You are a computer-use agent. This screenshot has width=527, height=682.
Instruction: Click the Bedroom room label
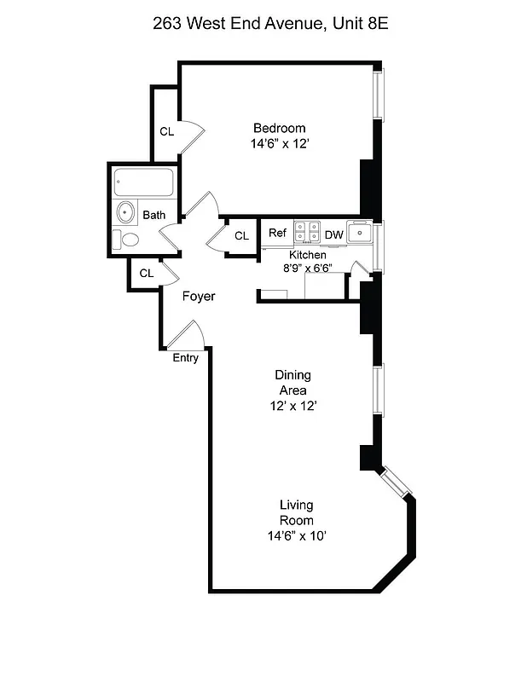(279, 128)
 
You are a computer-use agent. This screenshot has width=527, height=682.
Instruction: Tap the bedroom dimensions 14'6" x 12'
(279, 144)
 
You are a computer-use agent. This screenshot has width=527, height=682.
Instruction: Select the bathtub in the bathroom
(144, 182)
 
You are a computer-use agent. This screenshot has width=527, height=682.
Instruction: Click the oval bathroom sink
(126, 211)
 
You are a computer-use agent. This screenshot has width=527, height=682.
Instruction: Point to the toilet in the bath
(130, 240)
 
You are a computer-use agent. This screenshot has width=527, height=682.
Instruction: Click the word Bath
(154, 215)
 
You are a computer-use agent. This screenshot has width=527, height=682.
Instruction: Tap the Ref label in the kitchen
(277, 233)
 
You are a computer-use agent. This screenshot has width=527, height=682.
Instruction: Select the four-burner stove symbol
(307, 232)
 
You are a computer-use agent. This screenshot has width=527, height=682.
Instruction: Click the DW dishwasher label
(333, 234)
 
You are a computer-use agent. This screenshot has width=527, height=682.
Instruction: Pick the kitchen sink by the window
(362, 232)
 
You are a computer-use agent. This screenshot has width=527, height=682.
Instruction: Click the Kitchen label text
(307, 255)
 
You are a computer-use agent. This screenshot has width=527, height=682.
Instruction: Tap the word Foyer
(199, 296)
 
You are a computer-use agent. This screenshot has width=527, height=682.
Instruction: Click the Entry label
(185, 358)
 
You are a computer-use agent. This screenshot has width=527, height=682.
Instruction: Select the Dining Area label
(292, 382)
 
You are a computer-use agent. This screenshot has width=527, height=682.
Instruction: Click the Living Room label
(296, 512)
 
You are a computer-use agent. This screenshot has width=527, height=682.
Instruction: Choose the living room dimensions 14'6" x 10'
(296, 535)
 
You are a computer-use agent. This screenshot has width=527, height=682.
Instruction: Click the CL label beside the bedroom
(166, 131)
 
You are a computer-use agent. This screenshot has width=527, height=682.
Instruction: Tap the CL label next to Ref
(241, 235)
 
